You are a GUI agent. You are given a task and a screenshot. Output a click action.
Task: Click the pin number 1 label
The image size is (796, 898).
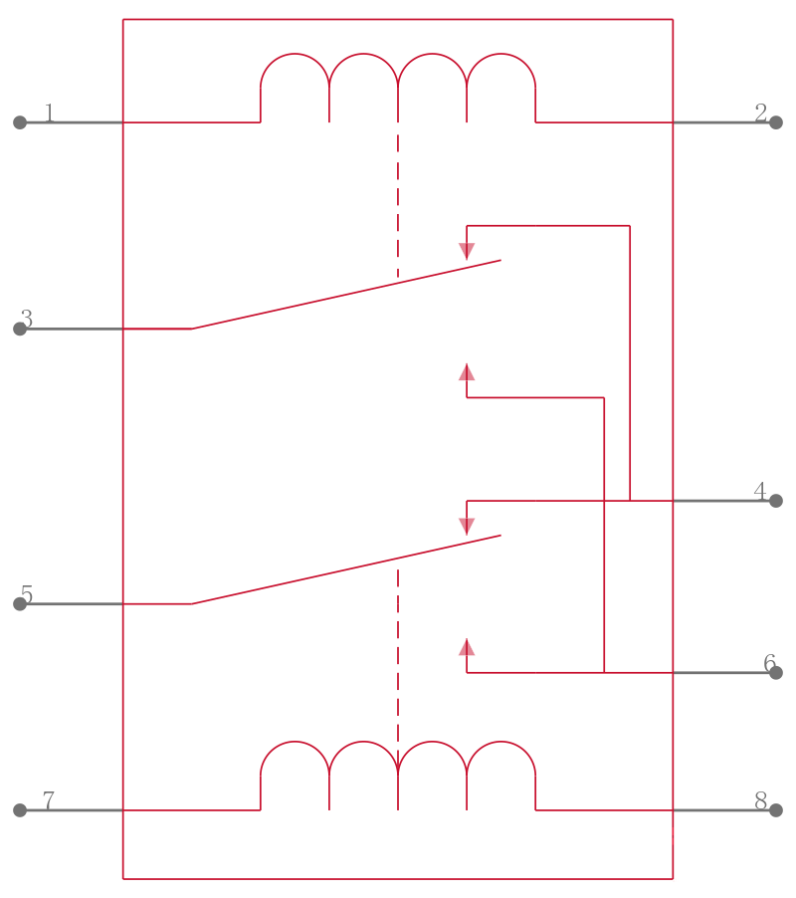tap(50, 112)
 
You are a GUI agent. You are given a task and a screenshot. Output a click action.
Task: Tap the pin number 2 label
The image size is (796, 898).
tap(760, 112)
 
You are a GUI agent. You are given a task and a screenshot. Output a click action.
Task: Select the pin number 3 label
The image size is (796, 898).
tap(27, 319)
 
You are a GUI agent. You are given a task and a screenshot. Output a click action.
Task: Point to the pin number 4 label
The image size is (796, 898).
tap(760, 491)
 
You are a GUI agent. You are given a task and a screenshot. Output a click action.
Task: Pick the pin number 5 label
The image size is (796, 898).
tap(27, 594)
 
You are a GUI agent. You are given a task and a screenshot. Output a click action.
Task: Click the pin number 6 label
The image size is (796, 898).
tap(770, 663)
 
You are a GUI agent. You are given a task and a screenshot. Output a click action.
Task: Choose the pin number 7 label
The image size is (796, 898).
tap(49, 800)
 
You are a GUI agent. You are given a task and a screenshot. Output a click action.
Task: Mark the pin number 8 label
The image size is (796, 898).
tap(760, 800)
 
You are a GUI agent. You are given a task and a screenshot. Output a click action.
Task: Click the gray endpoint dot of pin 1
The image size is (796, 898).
tap(20, 122)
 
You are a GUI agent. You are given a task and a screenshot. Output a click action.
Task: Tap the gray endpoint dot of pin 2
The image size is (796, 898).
tap(776, 122)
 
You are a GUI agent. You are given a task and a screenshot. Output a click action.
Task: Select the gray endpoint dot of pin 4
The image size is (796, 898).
tap(776, 501)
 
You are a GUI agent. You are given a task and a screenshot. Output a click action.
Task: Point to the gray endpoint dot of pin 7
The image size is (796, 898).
tap(20, 810)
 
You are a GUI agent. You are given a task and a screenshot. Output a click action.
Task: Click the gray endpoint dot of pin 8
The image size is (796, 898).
tap(776, 810)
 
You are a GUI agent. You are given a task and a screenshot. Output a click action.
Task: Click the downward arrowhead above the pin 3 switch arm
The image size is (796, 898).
tap(467, 250)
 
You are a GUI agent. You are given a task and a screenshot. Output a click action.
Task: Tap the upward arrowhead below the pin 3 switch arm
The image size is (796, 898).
tap(467, 372)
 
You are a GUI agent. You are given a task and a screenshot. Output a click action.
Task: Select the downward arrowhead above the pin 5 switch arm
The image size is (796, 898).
tap(467, 526)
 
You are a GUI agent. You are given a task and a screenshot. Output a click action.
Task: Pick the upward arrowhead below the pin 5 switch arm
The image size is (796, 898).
tap(467, 648)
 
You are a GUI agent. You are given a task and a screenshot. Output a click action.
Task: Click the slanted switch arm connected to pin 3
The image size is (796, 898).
tap(346, 295)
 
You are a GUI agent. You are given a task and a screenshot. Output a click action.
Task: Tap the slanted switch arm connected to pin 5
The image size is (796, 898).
tap(346, 569)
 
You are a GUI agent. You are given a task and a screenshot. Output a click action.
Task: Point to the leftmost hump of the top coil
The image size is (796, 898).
tap(295, 54)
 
